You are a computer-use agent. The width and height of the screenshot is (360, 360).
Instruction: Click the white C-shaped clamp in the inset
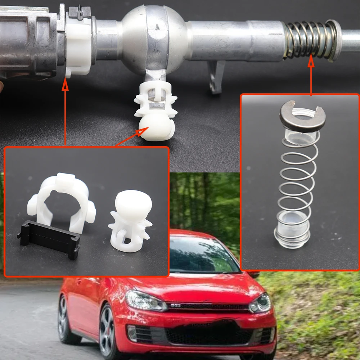(x=61, y=202)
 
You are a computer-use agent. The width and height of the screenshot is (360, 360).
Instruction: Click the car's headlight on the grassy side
(x=261, y=303)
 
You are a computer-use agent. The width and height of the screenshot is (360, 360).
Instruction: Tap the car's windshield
(x=202, y=256)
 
